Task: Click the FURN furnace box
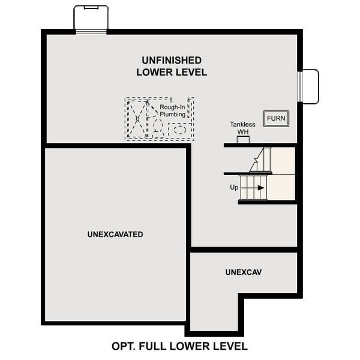click(x=276, y=118)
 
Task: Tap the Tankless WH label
click(x=242, y=128)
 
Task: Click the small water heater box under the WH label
click(x=243, y=140)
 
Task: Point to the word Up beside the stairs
click(x=234, y=187)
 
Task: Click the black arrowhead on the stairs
click(x=261, y=188)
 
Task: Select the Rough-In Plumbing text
click(x=172, y=111)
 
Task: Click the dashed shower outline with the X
click(x=137, y=119)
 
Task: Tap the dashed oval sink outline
click(x=179, y=129)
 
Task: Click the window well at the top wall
click(x=91, y=19)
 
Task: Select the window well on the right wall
click(x=309, y=86)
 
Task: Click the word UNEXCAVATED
click(x=115, y=234)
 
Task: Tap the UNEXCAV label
click(x=244, y=272)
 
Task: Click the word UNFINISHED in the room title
click(x=172, y=60)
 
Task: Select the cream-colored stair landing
click(x=283, y=174)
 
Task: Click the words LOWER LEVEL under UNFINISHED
click(x=172, y=73)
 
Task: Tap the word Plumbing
click(x=172, y=115)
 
